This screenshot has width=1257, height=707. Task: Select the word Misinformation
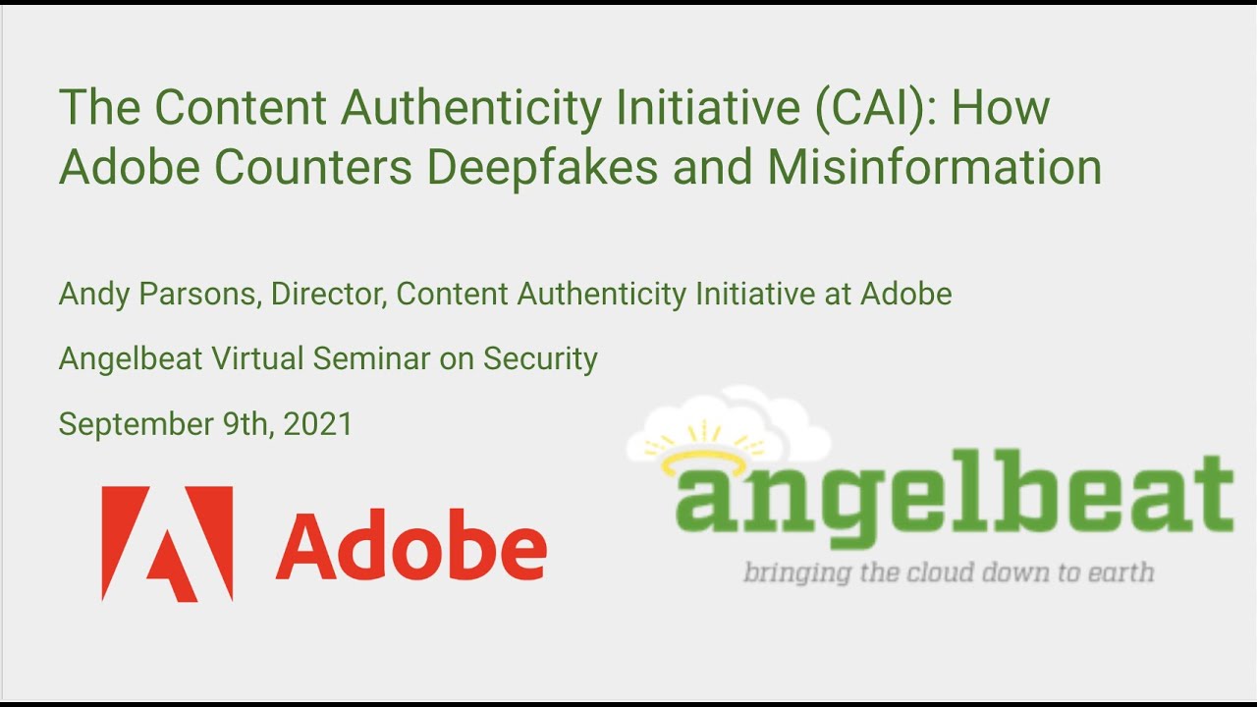click(934, 167)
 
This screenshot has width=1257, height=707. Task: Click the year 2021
click(317, 424)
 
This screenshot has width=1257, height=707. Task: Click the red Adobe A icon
click(167, 543)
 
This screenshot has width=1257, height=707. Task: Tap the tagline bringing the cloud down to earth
click(948, 571)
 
